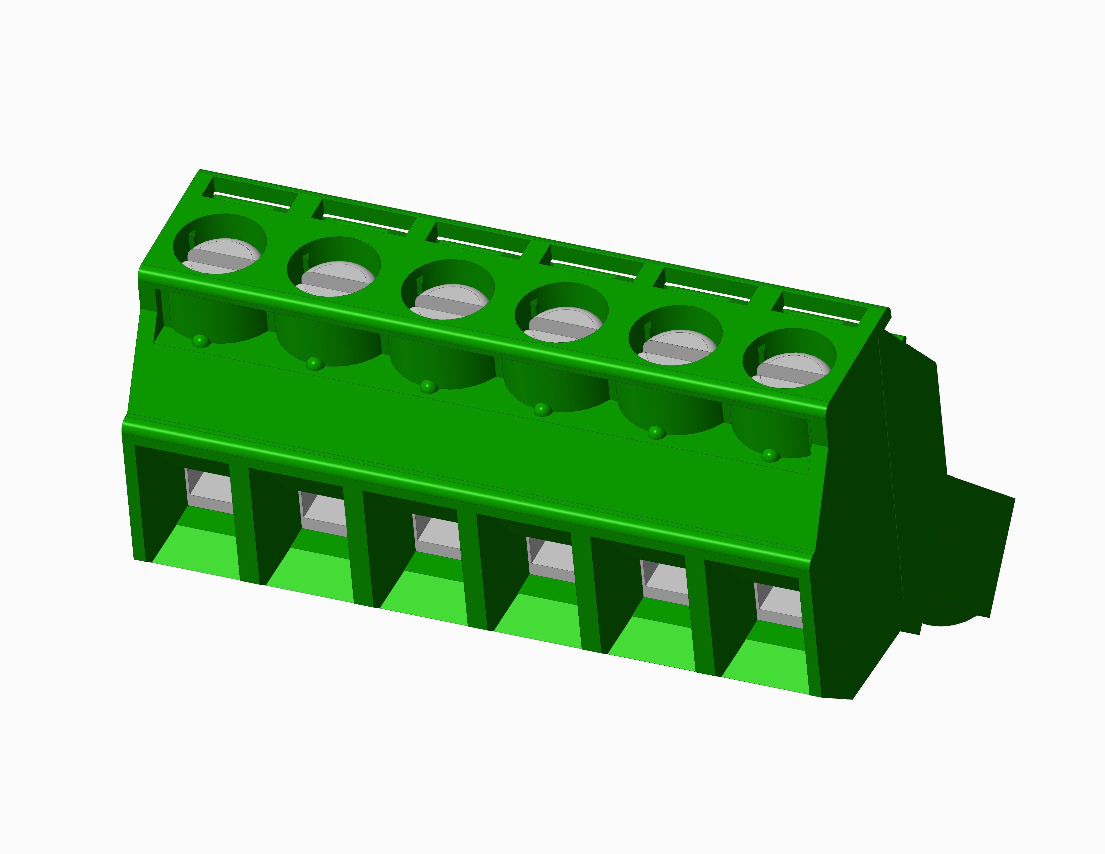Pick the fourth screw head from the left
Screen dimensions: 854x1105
point(564,325)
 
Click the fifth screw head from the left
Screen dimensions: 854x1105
point(678,348)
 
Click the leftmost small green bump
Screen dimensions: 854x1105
point(201,341)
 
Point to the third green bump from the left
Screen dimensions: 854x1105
point(428,387)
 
